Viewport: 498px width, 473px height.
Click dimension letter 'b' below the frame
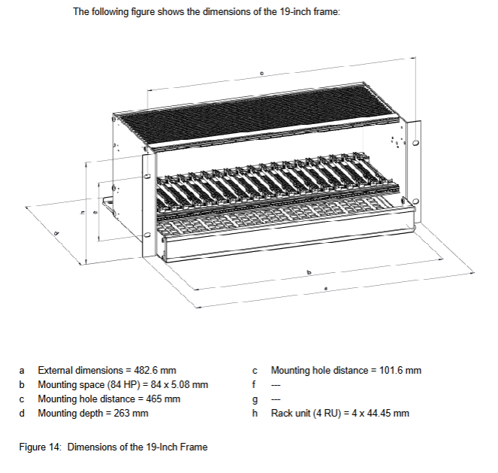click(307, 271)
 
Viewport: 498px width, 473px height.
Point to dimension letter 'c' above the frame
click(261, 74)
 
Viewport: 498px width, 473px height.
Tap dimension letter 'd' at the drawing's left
click(55, 234)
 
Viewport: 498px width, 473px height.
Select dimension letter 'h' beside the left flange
click(83, 212)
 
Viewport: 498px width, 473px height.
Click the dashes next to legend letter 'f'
click(275, 385)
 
